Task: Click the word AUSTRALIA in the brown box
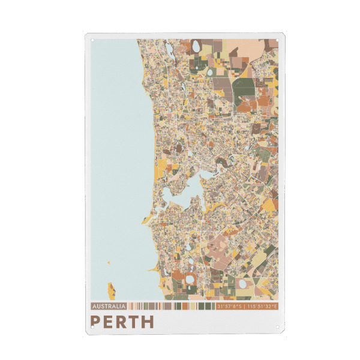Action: [108, 307]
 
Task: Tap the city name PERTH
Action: [122, 322]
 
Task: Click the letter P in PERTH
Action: [95, 322]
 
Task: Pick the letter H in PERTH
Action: [148, 322]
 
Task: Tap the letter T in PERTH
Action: [134, 322]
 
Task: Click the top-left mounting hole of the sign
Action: [92, 41]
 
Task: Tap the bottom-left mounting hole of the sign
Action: [92, 327]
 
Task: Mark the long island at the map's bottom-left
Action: [111, 290]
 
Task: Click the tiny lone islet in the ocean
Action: [109, 262]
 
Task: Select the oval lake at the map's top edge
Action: [196, 46]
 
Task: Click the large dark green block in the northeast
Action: [244, 88]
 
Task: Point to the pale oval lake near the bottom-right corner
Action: [242, 283]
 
